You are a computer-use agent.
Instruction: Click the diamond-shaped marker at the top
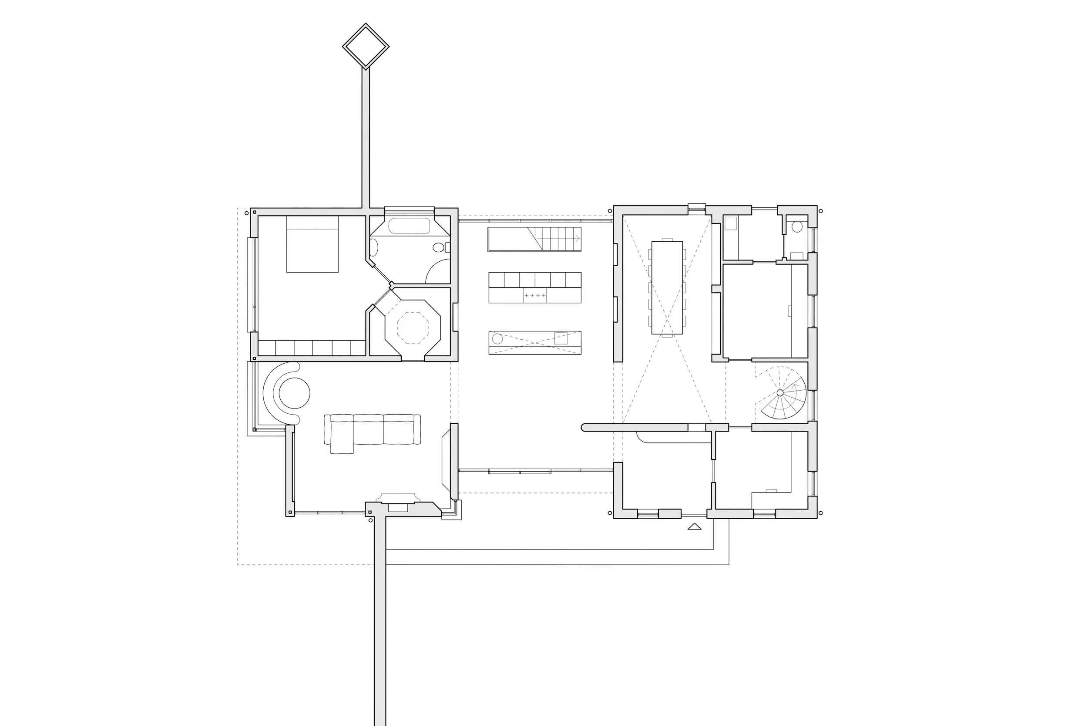[366, 46]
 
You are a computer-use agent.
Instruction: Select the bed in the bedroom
[312, 244]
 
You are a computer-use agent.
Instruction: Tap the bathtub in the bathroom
[409, 226]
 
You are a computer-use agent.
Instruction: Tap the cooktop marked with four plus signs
[535, 295]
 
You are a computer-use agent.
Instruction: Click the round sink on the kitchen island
[497, 338]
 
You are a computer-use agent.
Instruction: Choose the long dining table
[667, 287]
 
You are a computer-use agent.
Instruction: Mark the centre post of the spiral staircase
[780, 393]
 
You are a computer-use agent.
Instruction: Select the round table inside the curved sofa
[295, 393]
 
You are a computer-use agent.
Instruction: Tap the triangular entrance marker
[694, 526]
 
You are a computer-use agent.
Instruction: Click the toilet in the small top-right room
[796, 227]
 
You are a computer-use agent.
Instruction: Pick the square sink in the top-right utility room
[730, 223]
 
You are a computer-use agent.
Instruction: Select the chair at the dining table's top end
[667, 239]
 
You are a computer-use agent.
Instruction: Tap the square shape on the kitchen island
[561, 338]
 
